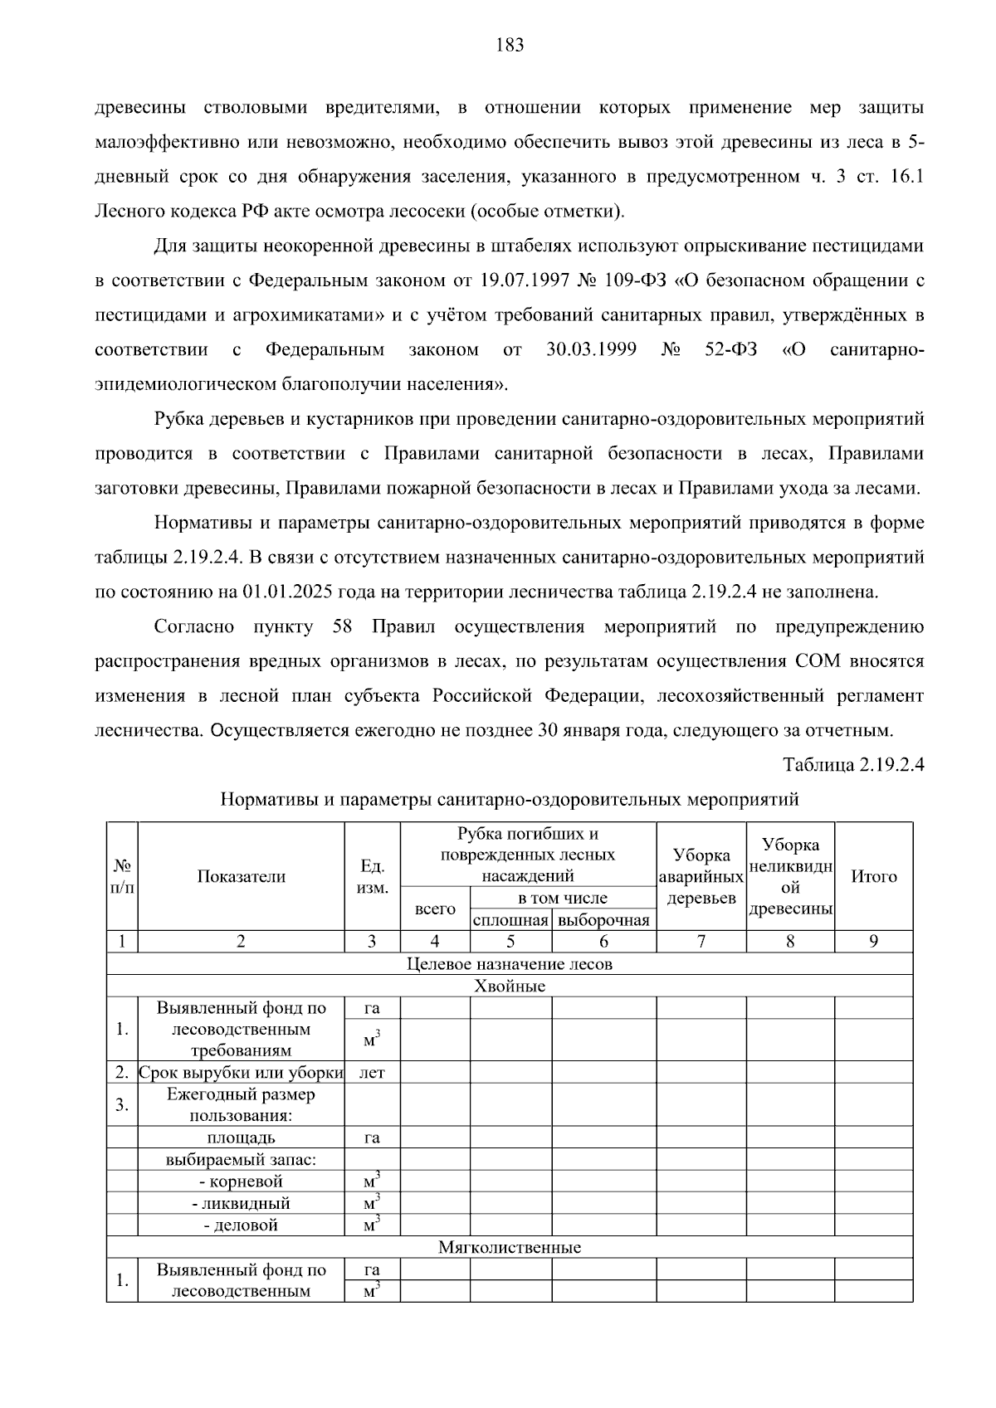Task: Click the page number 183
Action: click(x=510, y=46)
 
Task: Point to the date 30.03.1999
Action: click(x=591, y=349)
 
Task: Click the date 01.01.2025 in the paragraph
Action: click(x=286, y=592)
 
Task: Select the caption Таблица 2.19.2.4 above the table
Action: click(x=853, y=764)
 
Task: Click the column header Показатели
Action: click(x=241, y=876)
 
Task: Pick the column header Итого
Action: click(x=873, y=876)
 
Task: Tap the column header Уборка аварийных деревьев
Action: click(x=701, y=876)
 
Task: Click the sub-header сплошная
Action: click(x=510, y=920)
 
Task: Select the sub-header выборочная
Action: click(x=603, y=920)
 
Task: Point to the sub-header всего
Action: click(x=435, y=909)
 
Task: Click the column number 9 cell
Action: click(x=873, y=941)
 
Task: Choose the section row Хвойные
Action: click(x=510, y=986)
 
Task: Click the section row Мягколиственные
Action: click(x=510, y=1247)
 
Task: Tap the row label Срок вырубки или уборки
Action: click(x=241, y=1072)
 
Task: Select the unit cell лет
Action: click(x=372, y=1072)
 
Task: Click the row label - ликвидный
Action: click(x=241, y=1203)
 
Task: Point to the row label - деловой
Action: click(x=241, y=1225)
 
